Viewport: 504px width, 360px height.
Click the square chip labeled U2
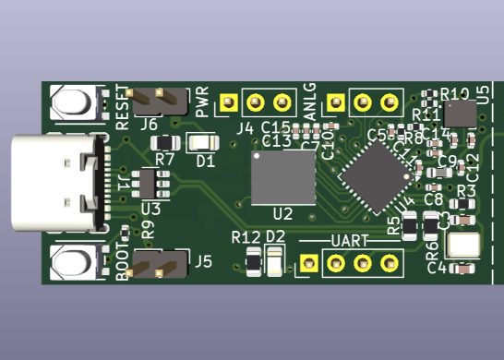(x=283, y=178)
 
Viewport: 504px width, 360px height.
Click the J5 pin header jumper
(x=156, y=268)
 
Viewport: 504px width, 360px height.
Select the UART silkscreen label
(x=350, y=241)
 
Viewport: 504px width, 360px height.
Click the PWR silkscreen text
(x=203, y=103)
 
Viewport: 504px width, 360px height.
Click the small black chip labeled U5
(x=459, y=114)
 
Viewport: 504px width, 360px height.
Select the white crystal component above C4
(x=462, y=246)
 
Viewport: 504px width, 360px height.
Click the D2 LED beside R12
(x=274, y=264)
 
